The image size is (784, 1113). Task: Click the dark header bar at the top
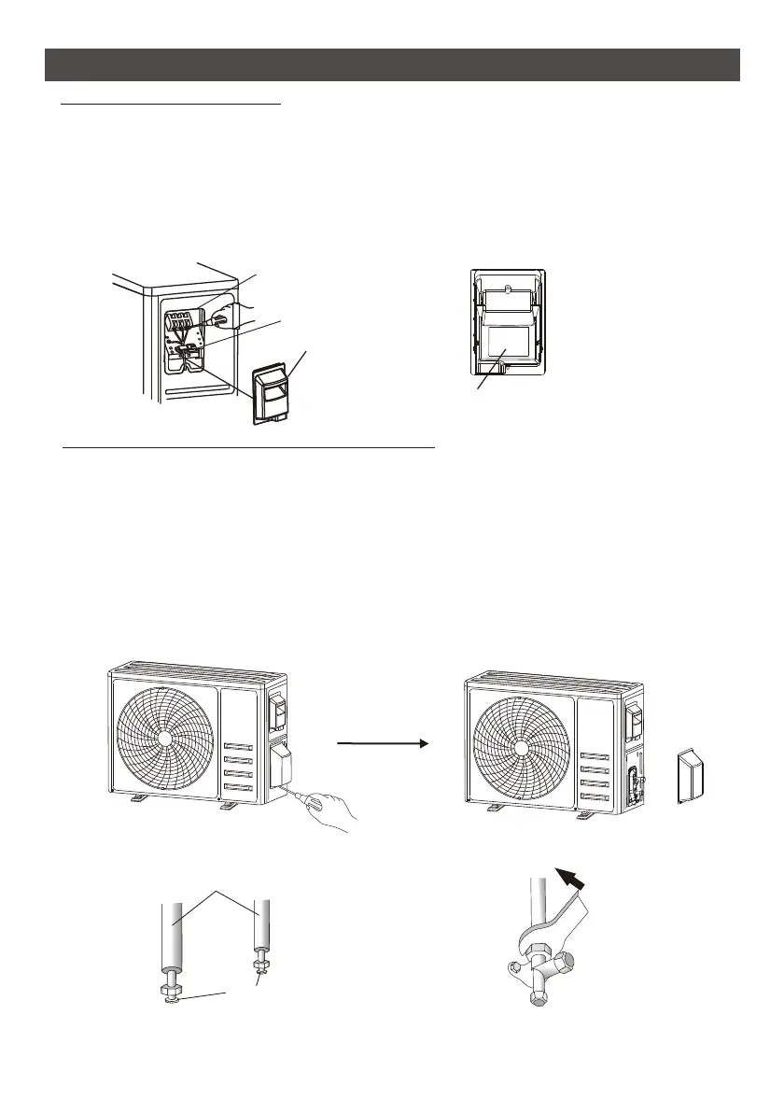[392, 64]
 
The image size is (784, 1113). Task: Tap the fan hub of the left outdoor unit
[163, 737]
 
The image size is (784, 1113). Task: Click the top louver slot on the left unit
[239, 747]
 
